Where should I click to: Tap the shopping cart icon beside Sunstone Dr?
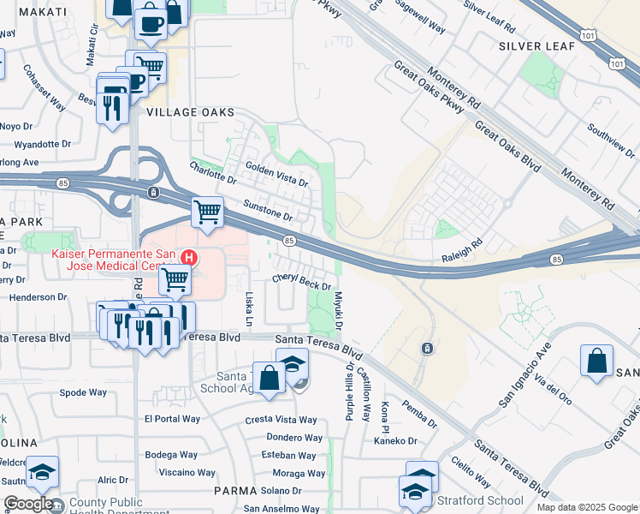[207, 211]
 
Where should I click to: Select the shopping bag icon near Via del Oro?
[596, 360]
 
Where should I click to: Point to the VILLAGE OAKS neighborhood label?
[190, 112]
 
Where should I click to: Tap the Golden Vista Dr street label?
[276, 174]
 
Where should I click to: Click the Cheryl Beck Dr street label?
[301, 281]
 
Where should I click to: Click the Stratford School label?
[480, 500]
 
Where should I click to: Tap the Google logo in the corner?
[28, 504]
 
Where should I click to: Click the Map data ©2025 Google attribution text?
[587, 507]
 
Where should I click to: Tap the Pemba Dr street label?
[418, 415]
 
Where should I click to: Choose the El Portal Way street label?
[172, 419]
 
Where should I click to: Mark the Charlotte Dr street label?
[212, 173]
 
